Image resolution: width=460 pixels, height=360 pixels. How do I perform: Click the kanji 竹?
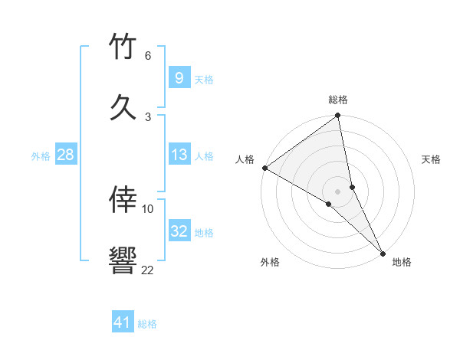coord(123,47)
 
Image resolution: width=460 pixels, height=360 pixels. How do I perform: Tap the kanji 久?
coord(123,106)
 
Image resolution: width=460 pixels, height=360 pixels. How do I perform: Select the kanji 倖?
coord(123,200)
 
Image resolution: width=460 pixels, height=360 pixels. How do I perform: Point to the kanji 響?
coord(123,260)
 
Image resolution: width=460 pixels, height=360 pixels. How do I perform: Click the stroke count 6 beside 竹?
coord(148,56)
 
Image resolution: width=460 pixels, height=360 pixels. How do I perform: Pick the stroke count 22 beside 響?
coord(147,270)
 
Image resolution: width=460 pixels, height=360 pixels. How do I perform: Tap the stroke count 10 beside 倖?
coord(148,208)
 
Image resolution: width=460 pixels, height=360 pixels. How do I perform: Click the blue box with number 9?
coord(179,78)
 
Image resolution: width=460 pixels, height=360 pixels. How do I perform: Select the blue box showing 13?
coord(179,155)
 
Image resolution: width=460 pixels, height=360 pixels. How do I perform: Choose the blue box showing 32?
coord(179,232)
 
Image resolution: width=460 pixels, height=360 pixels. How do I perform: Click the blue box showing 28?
coord(65,155)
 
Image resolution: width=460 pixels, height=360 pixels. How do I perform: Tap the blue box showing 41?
coord(123,323)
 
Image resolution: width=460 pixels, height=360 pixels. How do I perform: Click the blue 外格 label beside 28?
coord(41,156)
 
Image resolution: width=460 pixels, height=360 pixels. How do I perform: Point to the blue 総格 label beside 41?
coord(147,324)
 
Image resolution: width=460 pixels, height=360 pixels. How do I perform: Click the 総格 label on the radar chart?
coord(338,100)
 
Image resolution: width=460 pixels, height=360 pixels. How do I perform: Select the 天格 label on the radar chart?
coord(432,159)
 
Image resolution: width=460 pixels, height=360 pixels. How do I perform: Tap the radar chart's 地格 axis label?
coord(402,262)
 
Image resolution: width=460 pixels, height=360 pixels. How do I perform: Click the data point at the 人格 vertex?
coord(264,168)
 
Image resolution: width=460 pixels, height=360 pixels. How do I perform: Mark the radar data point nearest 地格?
coord(383,252)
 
